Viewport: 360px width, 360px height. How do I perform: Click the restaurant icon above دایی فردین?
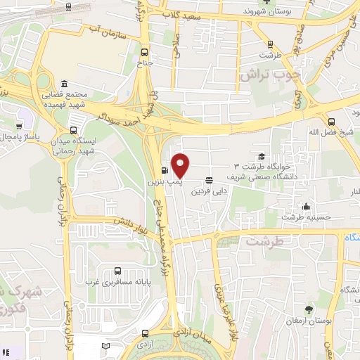coord(209,180)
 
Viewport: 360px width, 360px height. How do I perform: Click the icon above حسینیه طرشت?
coord(307,207)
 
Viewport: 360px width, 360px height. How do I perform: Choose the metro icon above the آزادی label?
coord(144,333)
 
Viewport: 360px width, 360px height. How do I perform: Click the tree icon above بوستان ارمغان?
coord(309,309)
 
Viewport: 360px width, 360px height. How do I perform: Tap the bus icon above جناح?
coord(145,52)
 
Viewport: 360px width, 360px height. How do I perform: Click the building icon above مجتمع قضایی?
coord(65,83)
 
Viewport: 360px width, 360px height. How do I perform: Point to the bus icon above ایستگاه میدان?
coord(73,129)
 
